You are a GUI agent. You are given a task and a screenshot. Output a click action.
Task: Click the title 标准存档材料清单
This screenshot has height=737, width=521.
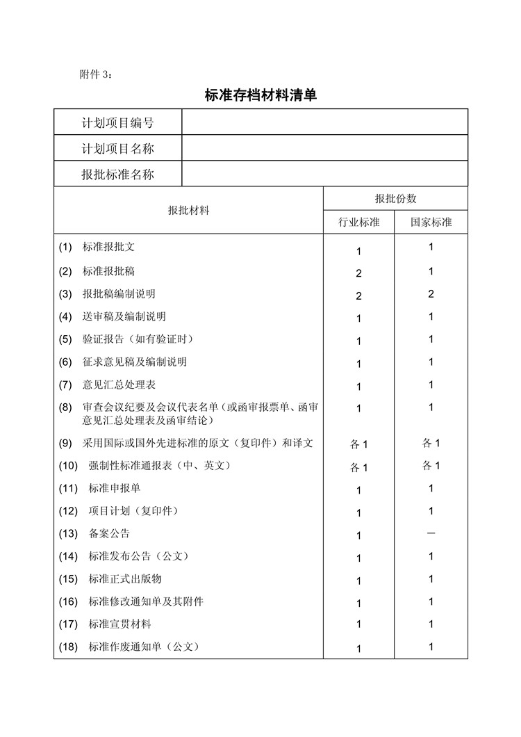coord(260,95)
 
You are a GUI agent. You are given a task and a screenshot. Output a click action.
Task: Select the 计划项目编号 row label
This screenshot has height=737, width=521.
coord(117,123)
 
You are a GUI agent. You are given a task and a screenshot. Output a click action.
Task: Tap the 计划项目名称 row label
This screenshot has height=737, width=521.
coord(117,149)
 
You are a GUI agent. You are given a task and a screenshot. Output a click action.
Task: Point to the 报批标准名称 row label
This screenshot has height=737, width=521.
coord(117,175)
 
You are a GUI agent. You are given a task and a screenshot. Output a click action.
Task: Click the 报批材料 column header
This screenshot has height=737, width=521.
coord(188,210)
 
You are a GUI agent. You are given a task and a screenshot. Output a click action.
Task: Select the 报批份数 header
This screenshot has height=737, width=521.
coord(395,198)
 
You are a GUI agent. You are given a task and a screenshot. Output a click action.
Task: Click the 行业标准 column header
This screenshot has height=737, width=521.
coord(359,222)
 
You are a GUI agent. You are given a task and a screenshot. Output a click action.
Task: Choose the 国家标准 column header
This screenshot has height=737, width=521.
coord(431,222)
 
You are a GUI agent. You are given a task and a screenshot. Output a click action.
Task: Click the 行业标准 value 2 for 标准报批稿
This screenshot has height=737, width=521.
coord(359,273)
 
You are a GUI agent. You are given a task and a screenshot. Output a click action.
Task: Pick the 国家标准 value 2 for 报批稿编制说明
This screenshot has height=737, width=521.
coord(431,294)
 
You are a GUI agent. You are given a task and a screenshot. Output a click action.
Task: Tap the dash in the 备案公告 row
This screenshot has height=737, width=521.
coord(431,533)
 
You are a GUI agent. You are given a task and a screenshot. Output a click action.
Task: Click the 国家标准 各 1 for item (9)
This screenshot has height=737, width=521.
coord(431,443)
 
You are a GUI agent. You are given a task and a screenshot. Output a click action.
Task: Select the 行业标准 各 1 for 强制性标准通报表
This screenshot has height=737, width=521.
coord(359,467)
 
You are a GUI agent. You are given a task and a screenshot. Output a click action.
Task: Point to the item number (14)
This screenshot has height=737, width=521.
coord(68,556)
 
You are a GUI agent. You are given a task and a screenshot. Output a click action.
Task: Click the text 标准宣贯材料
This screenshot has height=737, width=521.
coord(120,624)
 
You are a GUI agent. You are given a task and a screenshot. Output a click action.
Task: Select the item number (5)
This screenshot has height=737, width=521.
coord(65,339)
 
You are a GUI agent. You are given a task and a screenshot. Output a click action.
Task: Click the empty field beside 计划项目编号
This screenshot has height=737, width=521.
coord(324,123)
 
